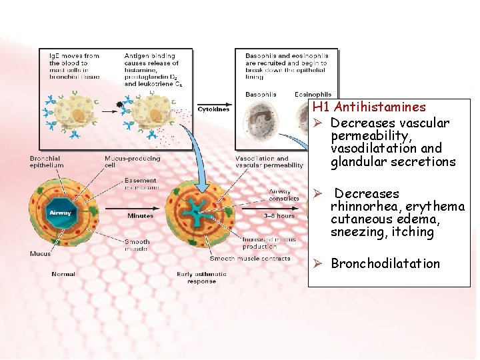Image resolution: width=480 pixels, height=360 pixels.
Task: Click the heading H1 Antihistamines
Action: [369, 107]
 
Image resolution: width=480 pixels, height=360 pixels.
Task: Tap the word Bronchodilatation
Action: [385, 264]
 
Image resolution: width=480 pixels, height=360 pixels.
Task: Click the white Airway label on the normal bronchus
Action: [60, 213]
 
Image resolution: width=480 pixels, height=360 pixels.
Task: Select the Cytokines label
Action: [213, 109]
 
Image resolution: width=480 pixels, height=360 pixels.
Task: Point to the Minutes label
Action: [141, 216]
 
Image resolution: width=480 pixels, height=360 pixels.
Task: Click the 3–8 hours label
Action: [279, 216]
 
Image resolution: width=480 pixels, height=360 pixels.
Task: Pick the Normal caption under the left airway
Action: [63, 274]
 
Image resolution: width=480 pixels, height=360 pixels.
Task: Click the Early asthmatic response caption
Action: [201, 277]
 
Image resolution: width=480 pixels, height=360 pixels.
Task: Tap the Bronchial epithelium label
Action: [47, 161]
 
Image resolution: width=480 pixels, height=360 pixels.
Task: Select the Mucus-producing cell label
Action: [132, 161]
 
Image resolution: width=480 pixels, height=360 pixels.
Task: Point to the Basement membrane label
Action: [140, 183]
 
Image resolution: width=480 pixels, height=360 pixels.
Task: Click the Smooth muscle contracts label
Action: [250, 259]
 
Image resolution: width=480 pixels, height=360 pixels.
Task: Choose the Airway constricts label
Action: [284, 195]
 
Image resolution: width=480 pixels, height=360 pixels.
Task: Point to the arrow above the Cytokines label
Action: [213, 103]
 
